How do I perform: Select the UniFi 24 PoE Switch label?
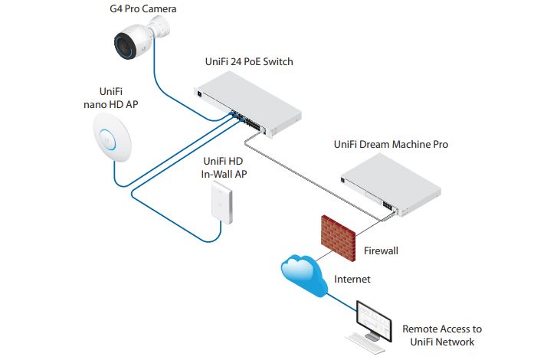(x=249, y=61)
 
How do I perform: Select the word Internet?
(x=352, y=280)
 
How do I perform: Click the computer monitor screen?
(x=375, y=320)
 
